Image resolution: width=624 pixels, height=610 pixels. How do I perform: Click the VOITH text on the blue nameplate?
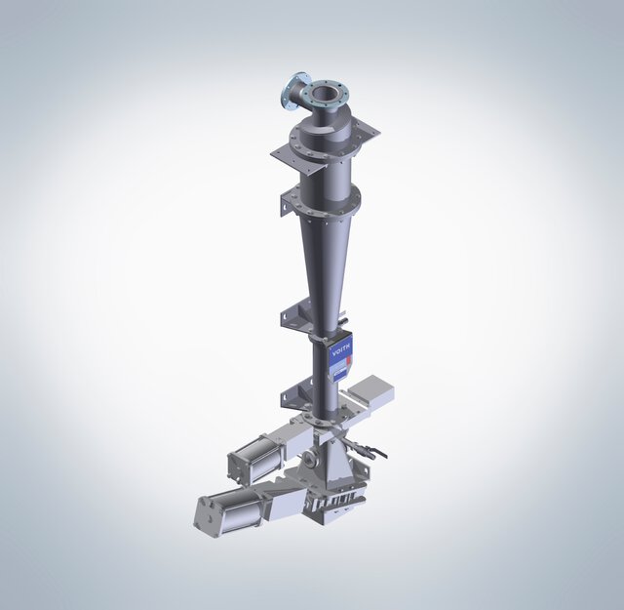(344, 348)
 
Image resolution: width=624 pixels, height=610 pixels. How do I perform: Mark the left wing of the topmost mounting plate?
(286, 152)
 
